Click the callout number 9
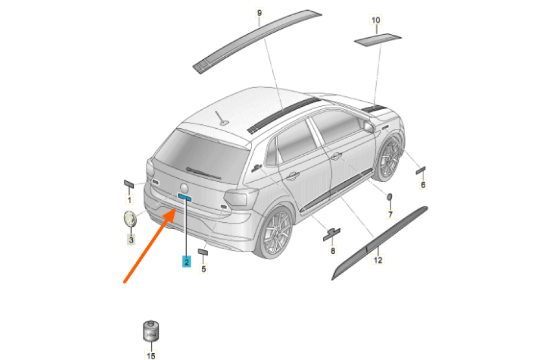coord(259,13)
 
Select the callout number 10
coord(376,20)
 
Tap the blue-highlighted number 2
coord(186,262)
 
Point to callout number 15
coord(151,355)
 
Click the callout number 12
coord(378,260)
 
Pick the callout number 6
coord(423,184)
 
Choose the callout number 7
coord(390,214)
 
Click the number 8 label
coord(332,250)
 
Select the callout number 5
coord(204,269)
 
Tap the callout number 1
coord(129,200)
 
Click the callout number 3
coord(131,239)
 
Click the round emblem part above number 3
coord(130,219)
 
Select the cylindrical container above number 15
coord(151,331)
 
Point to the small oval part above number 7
coord(389,197)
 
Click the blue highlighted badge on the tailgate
coord(184,197)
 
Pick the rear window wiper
coord(204,173)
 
